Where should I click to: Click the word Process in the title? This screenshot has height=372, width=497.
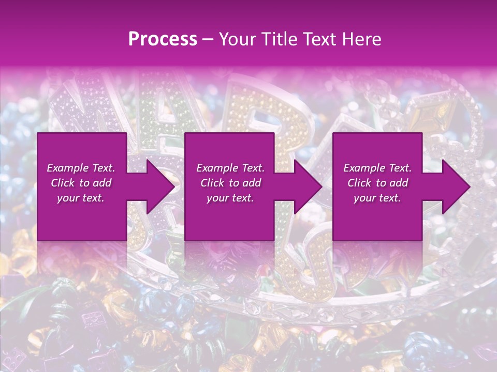click(x=163, y=39)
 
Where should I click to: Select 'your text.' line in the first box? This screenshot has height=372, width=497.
click(x=81, y=198)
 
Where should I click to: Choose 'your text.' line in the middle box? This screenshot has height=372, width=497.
click(x=230, y=198)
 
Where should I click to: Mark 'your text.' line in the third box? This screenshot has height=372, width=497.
click(x=377, y=198)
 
